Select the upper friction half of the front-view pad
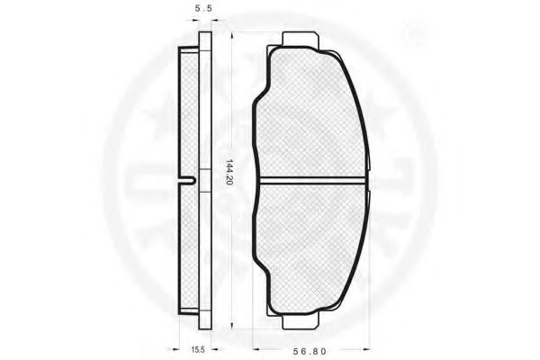tap(310, 112)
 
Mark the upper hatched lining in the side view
tap(192, 112)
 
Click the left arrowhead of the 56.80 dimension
tap(256, 346)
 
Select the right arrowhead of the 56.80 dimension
tap(368, 346)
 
